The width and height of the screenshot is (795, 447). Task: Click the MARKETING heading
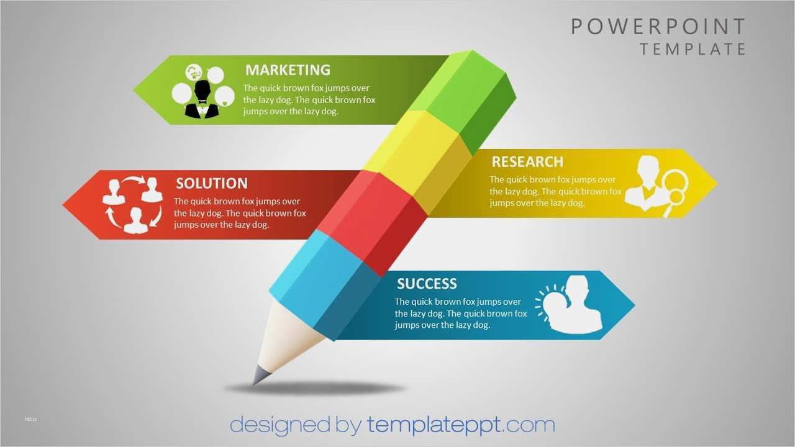pyautogui.click(x=288, y=70)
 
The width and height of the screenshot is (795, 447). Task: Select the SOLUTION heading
pyautogui.click(x=211, y=183)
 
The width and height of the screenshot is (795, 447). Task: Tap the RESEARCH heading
pyautogui.click(x=527, y=162)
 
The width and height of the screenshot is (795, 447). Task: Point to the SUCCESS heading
pyautogui.click(x=427, y=284)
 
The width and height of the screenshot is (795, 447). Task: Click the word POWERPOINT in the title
pyautogui.click(x=658, y=27)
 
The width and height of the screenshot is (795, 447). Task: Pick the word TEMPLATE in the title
pyautogui.click(x=693, y=49)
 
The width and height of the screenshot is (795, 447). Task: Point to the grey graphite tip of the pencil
pyautogui.click(x=260, y=374)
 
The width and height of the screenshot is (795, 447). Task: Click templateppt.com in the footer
pyautogui.click(x=460, y=425)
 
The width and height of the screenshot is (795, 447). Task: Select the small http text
pyautogui.click(x=30, y=419)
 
